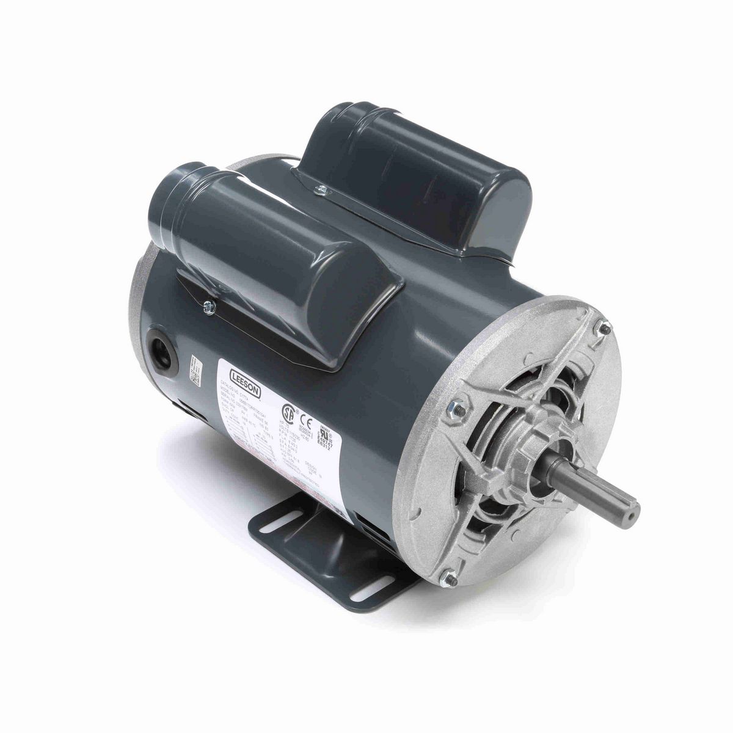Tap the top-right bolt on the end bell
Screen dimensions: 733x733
(604, 329)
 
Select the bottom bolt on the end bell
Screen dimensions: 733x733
(449, 575)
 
